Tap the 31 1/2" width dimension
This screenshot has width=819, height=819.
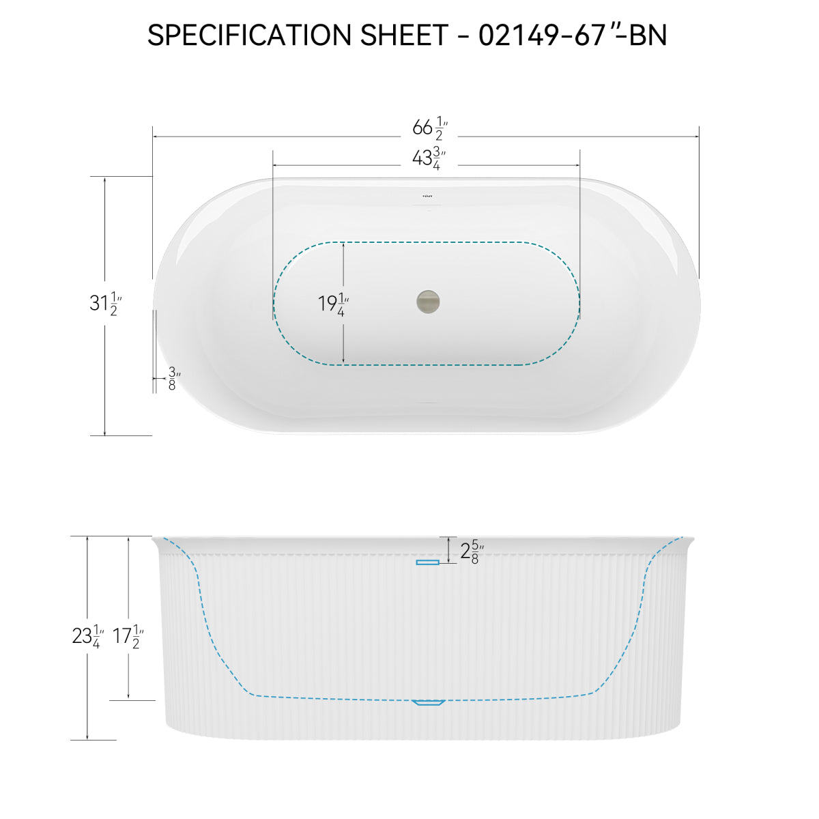(x=105, y=302)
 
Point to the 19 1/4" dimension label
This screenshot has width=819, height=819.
(x=334, y=303)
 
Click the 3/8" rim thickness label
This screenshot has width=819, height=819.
(x=173, y=378)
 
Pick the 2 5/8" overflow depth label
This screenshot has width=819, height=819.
(x=472, y=551)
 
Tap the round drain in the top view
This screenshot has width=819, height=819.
(x=428, y=300)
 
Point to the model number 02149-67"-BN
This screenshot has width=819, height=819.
(x=572, y=35)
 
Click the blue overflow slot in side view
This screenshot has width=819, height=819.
(x=428, y=562)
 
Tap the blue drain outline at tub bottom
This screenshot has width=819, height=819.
(x=429, y=702)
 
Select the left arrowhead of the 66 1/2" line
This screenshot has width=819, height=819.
(x=155, y=136)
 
